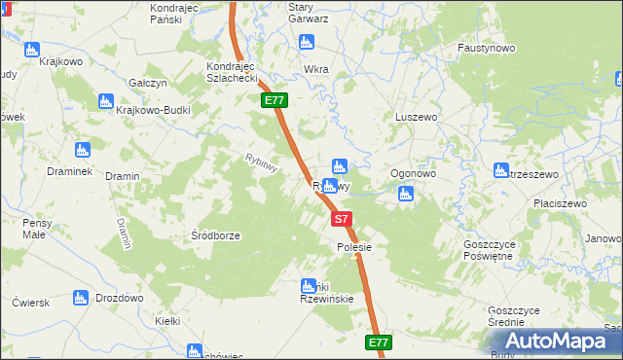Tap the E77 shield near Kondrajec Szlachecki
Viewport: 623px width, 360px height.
coord(274,100)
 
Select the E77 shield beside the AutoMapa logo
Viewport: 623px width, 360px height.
coord(380,342)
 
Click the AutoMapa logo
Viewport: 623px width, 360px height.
coord(558,342)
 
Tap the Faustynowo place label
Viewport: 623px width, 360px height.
coord(486,47)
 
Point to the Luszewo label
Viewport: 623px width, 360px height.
coord(415,116)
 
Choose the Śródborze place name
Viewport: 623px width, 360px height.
coord(215,234)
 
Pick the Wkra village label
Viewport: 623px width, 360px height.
coord(316,70)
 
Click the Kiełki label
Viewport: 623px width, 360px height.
coord(167,319)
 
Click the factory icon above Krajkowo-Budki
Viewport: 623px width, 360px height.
coord(107,100)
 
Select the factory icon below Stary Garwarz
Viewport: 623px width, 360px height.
coord(307,42)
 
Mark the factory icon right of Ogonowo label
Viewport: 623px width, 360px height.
coord(406,195)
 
